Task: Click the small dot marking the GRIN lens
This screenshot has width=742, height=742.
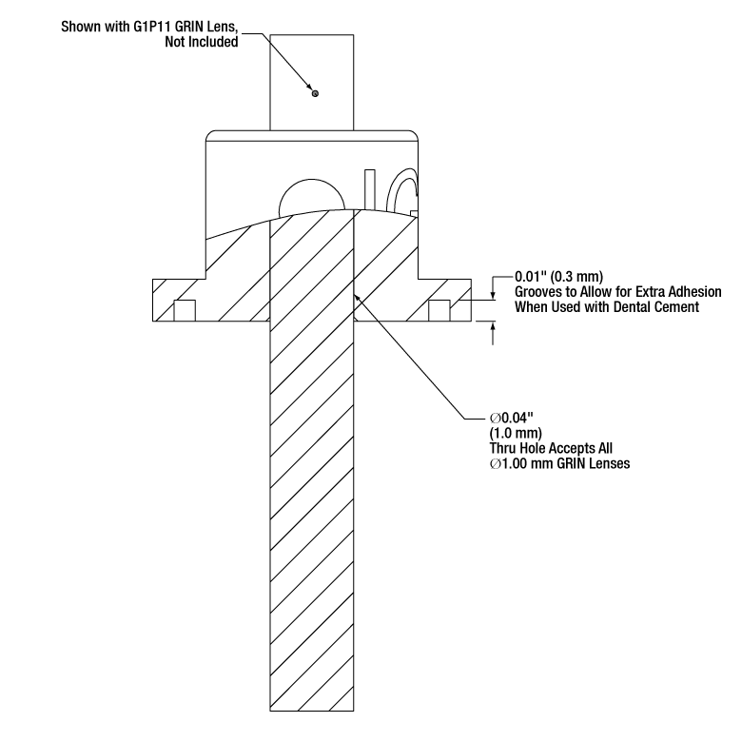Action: pos(315,93)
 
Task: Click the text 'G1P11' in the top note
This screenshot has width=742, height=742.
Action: pos(151,27)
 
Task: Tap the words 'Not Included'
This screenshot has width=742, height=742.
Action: pos(201,42)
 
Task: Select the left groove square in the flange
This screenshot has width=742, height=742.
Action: pos(185,310)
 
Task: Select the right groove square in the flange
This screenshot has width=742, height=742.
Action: pos(439,310)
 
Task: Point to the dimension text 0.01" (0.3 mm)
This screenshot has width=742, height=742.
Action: pos(558,277)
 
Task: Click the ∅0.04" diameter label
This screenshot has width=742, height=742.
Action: pos(512,418)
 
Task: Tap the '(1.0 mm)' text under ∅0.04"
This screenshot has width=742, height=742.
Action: pos(516,433)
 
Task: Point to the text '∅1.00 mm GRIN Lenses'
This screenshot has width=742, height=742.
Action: pos(559,463)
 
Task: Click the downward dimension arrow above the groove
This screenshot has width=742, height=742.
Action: pos(493,287)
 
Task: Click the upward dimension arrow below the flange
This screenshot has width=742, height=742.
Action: pos(493,333)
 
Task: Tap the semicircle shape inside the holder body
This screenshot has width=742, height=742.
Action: pos(311,195)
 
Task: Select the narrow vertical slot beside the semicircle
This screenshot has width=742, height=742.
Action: pos(370,189)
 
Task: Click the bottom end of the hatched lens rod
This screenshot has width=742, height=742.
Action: pos(312,711)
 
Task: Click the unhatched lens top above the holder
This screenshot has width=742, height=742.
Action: pos(312,83)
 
